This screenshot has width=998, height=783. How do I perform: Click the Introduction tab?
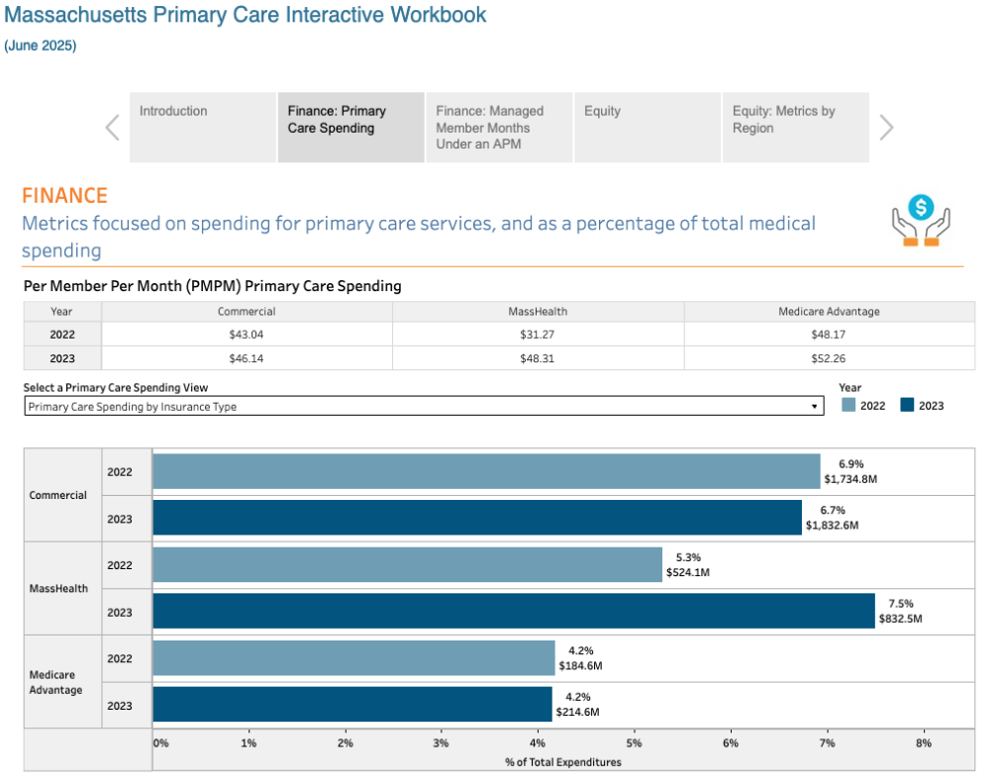point(202,127)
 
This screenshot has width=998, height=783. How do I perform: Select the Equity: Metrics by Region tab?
point(795,127)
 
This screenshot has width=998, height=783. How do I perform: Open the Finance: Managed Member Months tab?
point(499,127)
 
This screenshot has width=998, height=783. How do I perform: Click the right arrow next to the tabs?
point(886,128)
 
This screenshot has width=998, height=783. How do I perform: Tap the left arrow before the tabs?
point(113,128)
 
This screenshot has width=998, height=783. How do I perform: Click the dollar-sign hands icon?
point(921,220)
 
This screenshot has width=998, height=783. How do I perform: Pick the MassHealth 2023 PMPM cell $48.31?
point(538,358)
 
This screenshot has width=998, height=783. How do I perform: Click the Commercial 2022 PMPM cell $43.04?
point(247,335)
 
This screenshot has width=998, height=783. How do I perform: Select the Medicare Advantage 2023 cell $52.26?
point(828,358)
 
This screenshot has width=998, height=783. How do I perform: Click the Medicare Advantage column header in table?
point(828,311)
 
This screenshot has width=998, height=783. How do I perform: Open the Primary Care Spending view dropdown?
point(424,406)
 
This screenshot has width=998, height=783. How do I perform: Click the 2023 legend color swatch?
point(907,405)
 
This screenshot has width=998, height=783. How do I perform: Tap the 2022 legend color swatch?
point(848,405)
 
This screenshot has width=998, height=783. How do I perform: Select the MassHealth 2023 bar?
point(513,612)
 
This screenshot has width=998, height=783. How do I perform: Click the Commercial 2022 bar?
point(485,471)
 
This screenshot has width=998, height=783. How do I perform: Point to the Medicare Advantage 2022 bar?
point(353,658)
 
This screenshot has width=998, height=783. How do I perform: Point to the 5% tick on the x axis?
point(634,742)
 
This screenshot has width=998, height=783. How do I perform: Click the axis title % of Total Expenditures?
point(562,761)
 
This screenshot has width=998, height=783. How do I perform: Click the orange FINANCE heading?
point(64,196)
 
